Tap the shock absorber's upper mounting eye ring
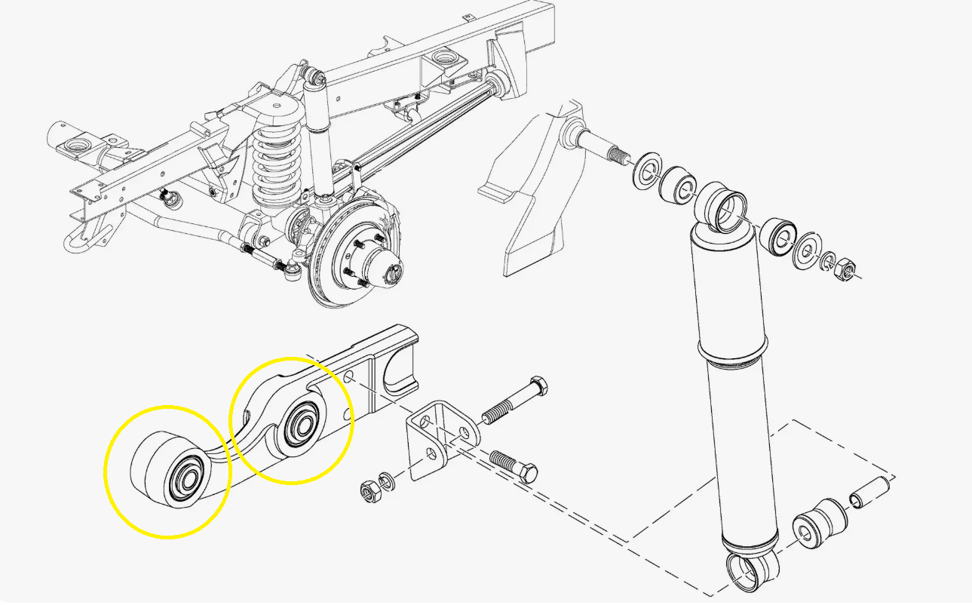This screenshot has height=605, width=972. (x=722, y=210)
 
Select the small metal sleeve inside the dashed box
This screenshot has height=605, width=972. (x=867, y=492)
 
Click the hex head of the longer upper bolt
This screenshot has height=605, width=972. (x=539, y=385)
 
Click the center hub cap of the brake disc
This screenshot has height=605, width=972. (x=391, y=275)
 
